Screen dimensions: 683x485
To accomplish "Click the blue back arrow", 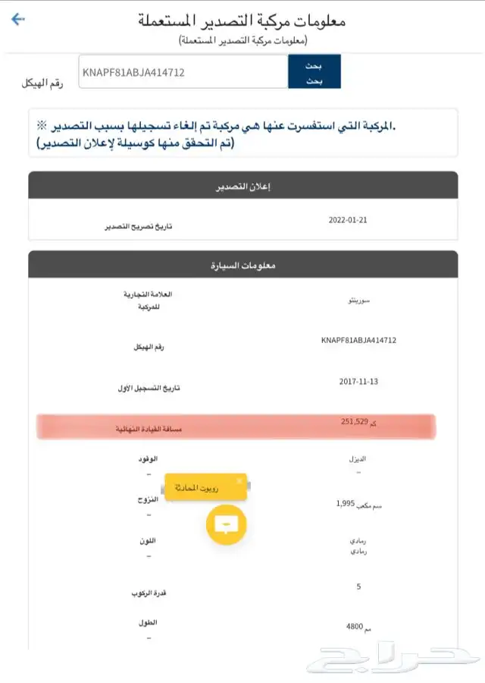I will (x=18, y=19).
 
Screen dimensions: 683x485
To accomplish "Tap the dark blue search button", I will (x=314, y=71).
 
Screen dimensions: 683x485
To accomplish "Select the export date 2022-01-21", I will (x=347, y=220).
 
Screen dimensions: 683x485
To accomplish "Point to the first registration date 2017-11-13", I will (x=359, y=381).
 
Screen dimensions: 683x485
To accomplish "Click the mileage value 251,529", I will (x=355, y=422).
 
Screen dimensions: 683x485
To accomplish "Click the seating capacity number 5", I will (x=358, y=586).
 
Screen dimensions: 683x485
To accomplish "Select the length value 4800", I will (x=355, y=628).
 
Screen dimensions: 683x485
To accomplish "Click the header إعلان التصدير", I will (x=242, y=185).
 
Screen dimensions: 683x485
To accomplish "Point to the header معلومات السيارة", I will (x=242, y=266).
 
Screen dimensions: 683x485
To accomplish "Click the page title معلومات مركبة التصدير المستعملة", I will (x=242, y=20).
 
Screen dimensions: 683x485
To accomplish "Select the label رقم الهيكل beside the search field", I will (x=42, y=81).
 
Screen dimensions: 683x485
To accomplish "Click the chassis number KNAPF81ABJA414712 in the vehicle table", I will (x=358, y=340).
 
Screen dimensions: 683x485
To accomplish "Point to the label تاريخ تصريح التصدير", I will (x=138, y=227).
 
